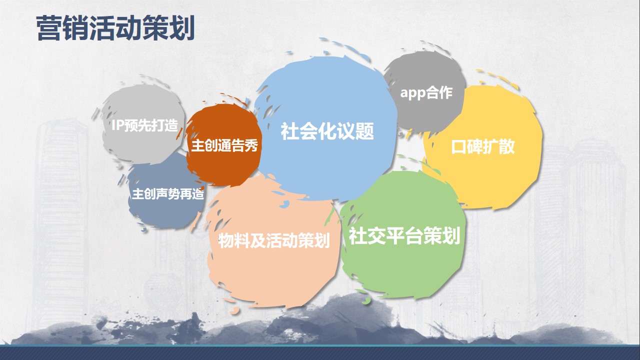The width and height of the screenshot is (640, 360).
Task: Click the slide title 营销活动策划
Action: [x=115, y=28]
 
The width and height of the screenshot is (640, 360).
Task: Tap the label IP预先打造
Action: [x=144, y=125]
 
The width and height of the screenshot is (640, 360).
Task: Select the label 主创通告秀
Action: [x=224, y=145]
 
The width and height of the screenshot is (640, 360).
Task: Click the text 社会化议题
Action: [x=327, y=131]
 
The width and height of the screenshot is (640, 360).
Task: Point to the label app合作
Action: [x=426, y=92]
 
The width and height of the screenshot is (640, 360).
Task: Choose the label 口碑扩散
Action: [x=483, y=146]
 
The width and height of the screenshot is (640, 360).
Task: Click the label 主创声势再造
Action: [x=168, y=193]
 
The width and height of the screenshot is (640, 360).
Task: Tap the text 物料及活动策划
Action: [x=274, y=240]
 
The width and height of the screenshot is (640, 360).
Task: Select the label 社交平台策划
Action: [x=404, y=235]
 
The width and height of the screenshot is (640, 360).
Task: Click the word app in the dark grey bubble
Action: [x=412, y=93]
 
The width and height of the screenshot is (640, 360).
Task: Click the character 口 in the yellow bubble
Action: [x=459, y=147]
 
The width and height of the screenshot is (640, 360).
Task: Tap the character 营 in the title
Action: [x=49, y=28]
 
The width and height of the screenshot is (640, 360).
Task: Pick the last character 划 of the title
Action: [x=182, y=28]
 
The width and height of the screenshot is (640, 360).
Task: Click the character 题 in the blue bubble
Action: [x=364, y=131]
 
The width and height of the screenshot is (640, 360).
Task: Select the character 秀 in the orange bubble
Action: [x=251, y=145]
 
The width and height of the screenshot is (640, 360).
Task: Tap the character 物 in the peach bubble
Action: [x=226, y=240]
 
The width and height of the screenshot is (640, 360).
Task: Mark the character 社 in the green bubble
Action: [x=357, y=235]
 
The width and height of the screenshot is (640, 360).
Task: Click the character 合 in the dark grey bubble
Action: [x=432, y=92]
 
